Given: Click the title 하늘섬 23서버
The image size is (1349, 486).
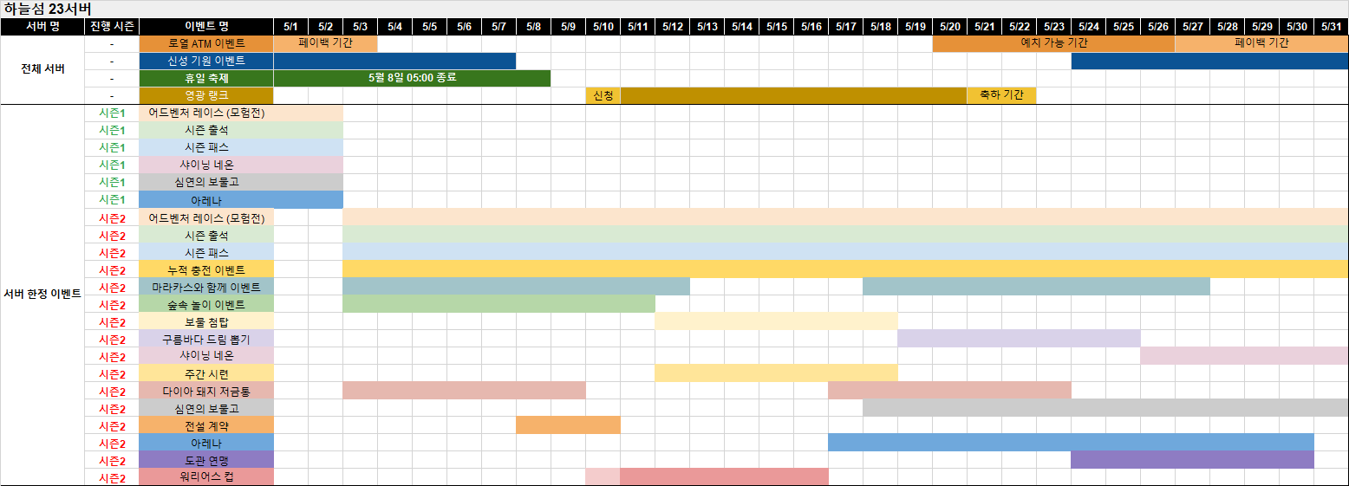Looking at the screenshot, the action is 48,9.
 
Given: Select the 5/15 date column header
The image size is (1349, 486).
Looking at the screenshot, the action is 777,27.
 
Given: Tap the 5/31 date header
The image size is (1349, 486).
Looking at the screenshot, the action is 1332,27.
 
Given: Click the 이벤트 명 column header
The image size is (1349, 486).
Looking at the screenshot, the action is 206,27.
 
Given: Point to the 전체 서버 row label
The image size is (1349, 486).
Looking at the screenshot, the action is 42,68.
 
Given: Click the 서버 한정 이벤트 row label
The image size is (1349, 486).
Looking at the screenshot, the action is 42,295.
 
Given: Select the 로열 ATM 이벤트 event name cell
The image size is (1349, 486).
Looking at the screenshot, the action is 206,43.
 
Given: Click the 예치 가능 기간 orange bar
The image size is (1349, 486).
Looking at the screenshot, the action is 1054,43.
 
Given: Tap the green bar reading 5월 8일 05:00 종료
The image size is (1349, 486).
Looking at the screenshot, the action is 412,78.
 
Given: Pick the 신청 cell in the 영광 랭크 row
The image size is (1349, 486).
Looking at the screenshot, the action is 603,95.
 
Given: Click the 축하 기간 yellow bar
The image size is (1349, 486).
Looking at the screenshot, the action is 1001,95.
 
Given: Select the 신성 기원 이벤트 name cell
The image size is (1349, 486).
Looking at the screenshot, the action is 206,61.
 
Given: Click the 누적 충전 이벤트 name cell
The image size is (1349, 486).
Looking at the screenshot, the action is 206,270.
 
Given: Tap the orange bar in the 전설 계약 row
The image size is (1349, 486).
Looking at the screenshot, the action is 568,425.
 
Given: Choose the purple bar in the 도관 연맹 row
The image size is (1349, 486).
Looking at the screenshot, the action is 1192,460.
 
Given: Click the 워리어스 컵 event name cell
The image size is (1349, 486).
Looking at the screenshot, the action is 206,477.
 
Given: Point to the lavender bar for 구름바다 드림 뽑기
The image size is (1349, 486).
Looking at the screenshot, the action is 1019,339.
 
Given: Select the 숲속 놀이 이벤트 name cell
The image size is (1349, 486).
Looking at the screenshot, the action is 206,304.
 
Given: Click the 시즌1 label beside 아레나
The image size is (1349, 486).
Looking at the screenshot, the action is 112,200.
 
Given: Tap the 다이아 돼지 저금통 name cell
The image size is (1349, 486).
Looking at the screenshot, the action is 206,391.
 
